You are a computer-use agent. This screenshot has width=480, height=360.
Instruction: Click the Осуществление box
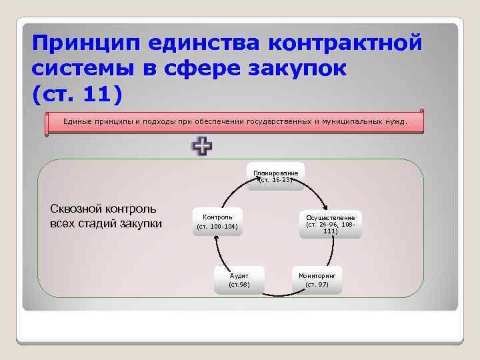click(x=331, y=224)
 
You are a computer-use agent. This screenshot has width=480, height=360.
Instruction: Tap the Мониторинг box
click(x=317, y=279)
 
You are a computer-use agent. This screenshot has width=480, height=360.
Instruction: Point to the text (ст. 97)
click(x=317, y=285)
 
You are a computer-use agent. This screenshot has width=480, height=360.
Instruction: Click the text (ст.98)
click(x=239, y=285)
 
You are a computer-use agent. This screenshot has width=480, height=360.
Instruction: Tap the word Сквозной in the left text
click(x=75, y=209)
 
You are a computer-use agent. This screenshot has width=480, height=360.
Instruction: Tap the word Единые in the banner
click(x=77, y=122)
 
